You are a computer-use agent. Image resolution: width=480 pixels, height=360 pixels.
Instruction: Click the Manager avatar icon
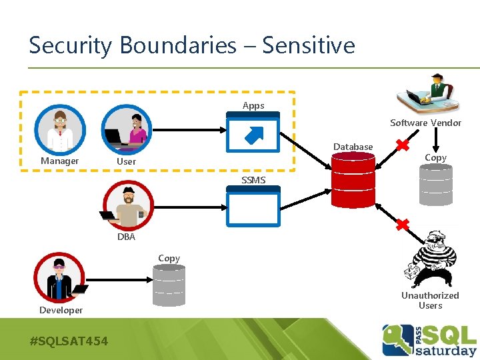pos(61,129)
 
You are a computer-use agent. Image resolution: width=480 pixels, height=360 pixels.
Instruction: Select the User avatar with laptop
pos(127,129)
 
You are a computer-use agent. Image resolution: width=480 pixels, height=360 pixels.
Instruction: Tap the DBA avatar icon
pos(128,205)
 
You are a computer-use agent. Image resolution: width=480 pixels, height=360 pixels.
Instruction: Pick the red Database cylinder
pos(354,181)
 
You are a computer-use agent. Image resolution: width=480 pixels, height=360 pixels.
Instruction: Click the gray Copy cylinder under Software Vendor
pos(435,185)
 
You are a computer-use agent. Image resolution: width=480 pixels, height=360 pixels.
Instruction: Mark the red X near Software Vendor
pos(402,145)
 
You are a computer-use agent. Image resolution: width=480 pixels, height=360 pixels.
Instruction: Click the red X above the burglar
pos(402,225)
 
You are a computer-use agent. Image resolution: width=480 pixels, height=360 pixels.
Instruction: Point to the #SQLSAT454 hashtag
pos(69,341)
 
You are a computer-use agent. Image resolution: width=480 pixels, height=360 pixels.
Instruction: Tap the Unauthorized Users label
pos(430,300)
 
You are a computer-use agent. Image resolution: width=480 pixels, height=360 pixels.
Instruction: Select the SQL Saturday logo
pos(429,340)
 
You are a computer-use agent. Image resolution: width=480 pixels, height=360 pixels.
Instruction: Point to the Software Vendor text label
pos(425,123)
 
